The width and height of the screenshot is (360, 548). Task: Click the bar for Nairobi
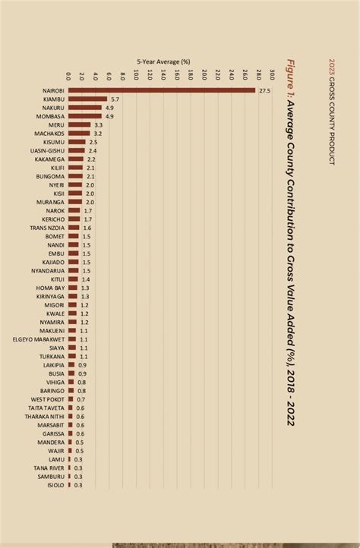pos(162,90)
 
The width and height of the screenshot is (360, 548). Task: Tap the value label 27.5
pos(264,90)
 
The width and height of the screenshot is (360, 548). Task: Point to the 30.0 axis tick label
pos(271,75)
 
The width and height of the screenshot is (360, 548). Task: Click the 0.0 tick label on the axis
pos(69,75)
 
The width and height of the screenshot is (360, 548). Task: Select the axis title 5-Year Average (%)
pos(163,61)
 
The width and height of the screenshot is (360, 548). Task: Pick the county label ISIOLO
pos(55,484)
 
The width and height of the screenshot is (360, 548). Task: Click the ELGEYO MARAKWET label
pos(37,339)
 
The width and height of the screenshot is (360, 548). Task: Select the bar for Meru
pos(80,124)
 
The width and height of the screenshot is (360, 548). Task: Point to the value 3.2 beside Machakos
pos(98,134)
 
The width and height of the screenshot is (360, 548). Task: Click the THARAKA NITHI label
pos(45,416)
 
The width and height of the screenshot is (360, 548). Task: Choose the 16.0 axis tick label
pos(177,75)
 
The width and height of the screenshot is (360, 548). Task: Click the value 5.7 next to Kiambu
pos(115,99)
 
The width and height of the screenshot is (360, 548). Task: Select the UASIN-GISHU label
pos(46,150)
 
